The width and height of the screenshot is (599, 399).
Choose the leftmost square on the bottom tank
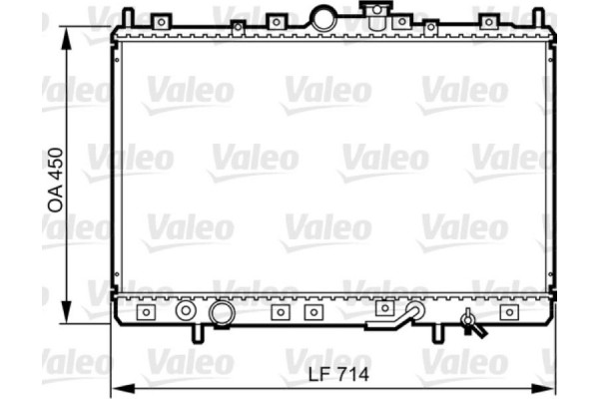(146, 312)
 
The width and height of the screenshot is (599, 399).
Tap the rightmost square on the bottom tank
(509, 312)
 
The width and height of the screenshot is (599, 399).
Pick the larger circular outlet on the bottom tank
(221, 314)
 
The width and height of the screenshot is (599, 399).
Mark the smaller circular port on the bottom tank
(185, 312)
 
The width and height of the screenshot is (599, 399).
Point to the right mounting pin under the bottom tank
(434, 332)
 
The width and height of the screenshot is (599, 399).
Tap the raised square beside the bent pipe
(383, 308)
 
